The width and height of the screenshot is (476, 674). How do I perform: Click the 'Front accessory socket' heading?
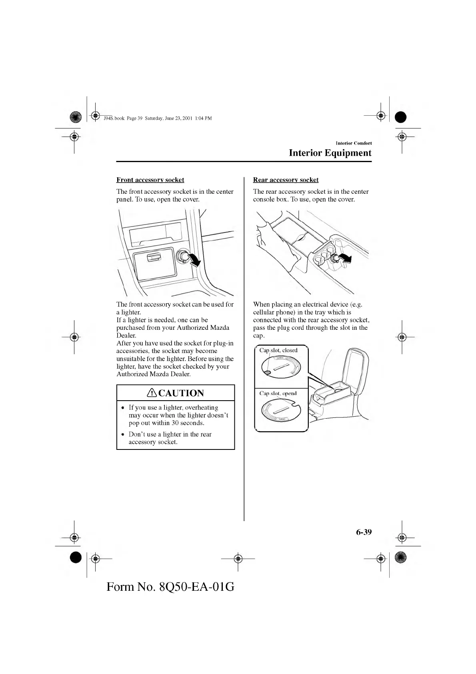[x=150, y=180]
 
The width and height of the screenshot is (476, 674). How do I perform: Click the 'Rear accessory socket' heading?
[x=286, y=180]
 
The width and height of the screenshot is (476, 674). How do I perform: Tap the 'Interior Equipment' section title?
[x=330, y=153]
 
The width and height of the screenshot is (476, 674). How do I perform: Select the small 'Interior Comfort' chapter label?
[x=354, y=143]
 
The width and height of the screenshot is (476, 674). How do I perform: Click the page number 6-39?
[x=364, y=532]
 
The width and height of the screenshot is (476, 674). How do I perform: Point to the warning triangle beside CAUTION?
[x=152, y=393]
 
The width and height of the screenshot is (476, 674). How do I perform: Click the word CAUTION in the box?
[x=181, y=393]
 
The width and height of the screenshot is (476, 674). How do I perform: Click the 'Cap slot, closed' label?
[x=278, y=350]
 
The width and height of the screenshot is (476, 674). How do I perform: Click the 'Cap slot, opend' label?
[x=278, y=393]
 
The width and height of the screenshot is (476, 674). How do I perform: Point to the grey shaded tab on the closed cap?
[x=266, y=373]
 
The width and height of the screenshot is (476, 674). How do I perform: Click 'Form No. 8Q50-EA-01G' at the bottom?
[x=170, y=587]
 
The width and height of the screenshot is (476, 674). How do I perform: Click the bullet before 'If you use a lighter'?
[x=123, y=408]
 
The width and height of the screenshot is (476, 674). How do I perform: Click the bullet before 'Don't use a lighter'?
[x=123, y=435]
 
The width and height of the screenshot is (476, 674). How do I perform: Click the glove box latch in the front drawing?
[x=153, y=258]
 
